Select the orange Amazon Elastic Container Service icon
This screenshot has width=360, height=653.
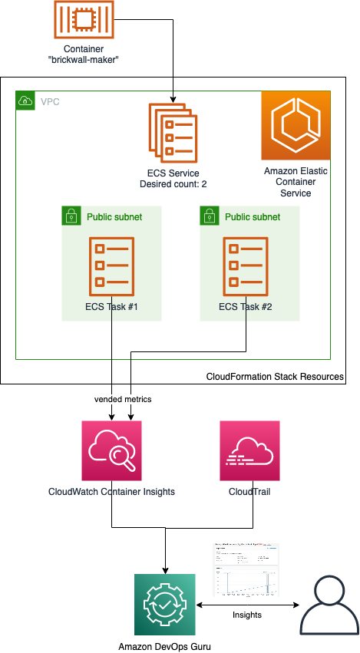pyautogui.click(x=296, y=125)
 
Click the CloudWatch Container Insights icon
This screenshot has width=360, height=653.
pyautogui.click(x=112, y=450)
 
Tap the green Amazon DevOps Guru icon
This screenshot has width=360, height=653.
pyautogui.click(x=164, y=603)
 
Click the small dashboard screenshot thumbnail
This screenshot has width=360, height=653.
pyautogui.click(x=246, y=570)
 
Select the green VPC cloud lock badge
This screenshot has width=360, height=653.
pyautogui.click(x=25, y=100)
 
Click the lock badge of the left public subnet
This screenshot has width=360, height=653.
pyautogui.click(x=71, y=216)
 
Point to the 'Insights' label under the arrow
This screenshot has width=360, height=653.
pyautogui.click(x=247, y=615)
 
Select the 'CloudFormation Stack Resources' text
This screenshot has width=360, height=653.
pyautogui.click(x=275, y=377)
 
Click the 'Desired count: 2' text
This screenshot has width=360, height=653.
pyautogui.click(x=173, y=184)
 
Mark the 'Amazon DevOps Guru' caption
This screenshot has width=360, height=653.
pyautogui.click(x=164, y=645)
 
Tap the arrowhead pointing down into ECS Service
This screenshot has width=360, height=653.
pyautogui.click(x=173, y=98)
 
